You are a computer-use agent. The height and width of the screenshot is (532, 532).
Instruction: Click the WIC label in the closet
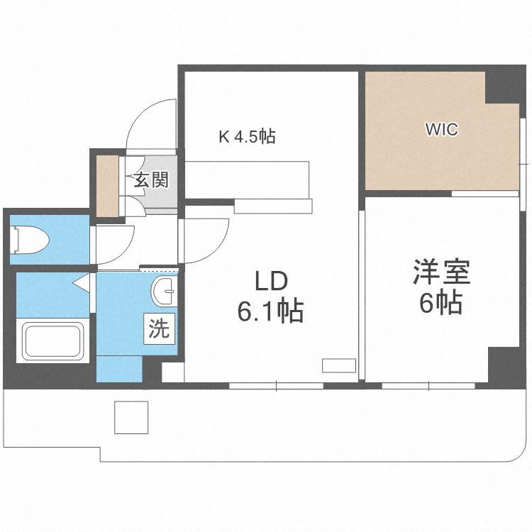pos(441,130)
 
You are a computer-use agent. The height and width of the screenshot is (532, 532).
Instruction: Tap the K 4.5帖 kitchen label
pos(246,136)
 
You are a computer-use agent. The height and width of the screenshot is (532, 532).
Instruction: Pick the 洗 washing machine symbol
pos(160,329)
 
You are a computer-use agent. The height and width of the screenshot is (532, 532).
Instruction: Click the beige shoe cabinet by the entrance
pos(109,185)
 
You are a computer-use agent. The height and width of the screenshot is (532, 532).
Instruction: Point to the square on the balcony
pos(131,417)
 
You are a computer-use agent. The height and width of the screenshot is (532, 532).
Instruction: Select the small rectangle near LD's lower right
pos(338,365)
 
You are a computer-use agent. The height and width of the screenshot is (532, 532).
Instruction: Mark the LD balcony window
pos(276,386)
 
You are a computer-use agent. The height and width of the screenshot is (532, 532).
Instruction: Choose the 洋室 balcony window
pos(428,386)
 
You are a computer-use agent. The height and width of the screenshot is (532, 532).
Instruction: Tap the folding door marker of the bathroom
pos(82,284)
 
